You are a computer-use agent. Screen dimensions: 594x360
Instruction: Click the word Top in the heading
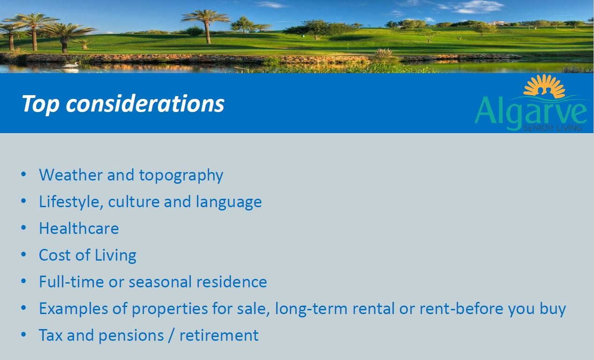41,104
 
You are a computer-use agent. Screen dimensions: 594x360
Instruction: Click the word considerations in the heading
145,103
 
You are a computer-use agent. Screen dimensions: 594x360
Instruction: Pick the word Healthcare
79,228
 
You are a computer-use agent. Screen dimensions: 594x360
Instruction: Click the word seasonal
160,282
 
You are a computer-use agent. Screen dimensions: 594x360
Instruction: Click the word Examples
74,309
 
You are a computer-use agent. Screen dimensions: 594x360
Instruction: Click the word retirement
219,335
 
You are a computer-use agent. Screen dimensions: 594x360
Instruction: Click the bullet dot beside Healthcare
23,228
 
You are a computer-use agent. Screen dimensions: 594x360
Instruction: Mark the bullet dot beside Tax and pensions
23,335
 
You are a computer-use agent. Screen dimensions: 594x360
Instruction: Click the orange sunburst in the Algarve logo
544,86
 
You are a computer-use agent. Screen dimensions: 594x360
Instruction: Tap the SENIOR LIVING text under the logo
553,128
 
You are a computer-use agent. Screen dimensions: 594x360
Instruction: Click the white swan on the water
71,65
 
